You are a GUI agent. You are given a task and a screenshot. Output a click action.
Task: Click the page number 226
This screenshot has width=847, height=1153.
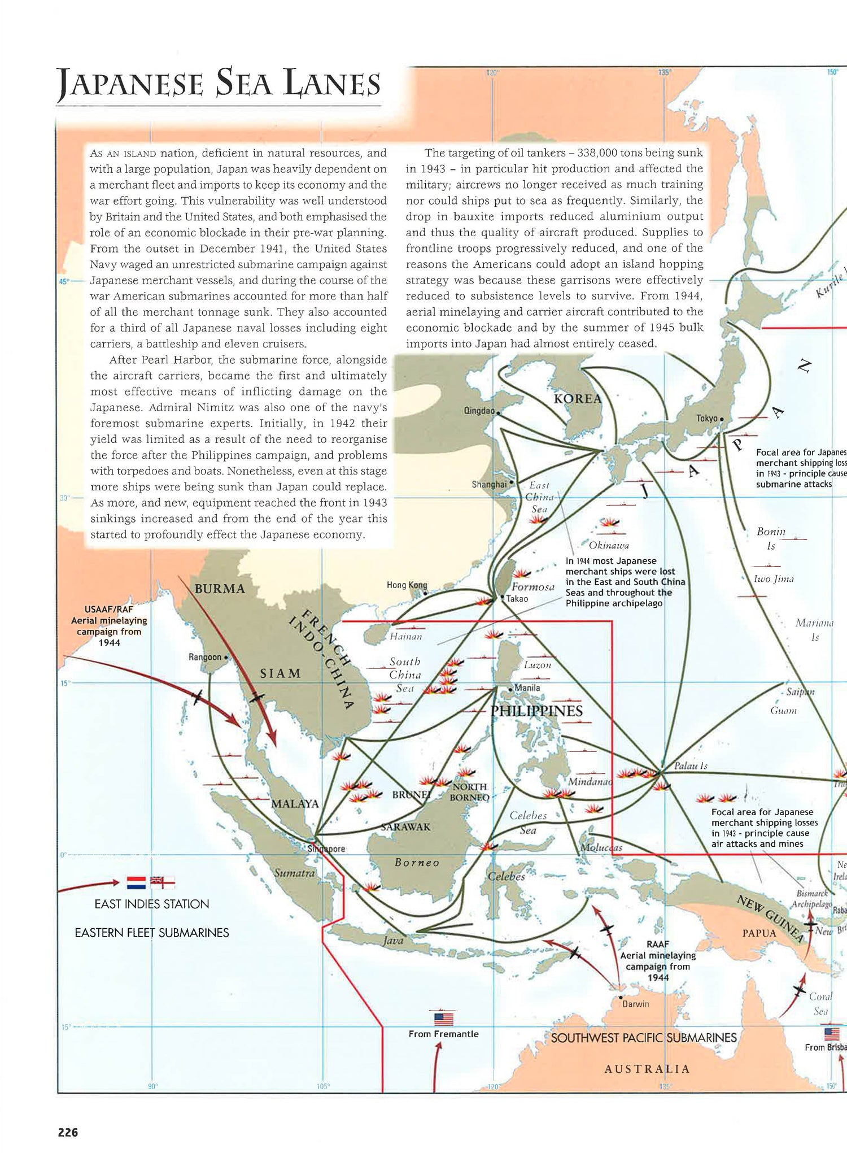(x=68, y=1132)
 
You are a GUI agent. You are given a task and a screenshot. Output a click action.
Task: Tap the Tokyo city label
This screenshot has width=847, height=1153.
(x=706, y=418)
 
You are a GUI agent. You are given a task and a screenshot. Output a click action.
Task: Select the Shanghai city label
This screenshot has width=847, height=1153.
(x=489, y=484)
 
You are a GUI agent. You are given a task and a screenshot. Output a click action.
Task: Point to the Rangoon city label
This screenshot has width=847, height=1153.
(x=204, y=657)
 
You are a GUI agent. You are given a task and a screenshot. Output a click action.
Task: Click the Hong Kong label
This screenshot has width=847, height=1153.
(x=407, y=585)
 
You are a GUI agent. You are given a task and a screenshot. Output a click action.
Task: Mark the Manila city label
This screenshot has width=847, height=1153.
(x=527, y=688)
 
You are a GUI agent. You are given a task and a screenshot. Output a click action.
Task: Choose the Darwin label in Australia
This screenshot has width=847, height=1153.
(x=635, y=1004)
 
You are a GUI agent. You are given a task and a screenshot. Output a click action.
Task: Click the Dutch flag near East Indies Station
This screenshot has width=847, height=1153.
(x=136, y=882)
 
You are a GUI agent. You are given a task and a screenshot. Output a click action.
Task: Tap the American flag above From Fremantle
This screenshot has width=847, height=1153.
(x=444, y=1019)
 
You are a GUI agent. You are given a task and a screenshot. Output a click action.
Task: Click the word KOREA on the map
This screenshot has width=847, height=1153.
(x=577, y=399)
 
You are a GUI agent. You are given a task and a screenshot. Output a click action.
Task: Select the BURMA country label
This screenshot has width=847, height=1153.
(x=220, y=589)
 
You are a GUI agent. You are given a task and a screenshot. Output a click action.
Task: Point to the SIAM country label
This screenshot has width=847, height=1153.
(x=280, y=673)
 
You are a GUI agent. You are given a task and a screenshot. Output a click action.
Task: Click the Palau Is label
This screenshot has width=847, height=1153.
(x=691, y=766)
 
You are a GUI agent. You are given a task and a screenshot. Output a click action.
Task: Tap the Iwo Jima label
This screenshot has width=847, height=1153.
(x=774, y=579)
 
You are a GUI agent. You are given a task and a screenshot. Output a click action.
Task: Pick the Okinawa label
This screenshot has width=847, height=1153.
(x=608, y=545)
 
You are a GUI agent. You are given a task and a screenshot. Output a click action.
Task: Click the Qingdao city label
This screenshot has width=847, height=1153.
(x=479, y=411)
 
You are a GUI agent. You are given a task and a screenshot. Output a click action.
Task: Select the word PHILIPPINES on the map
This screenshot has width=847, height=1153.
(x=536, y=711)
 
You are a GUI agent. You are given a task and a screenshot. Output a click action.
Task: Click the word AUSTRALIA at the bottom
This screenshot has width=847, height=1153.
(x=647, y=1069)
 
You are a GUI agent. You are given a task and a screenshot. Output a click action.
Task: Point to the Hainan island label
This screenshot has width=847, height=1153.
(x=405, y=637)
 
